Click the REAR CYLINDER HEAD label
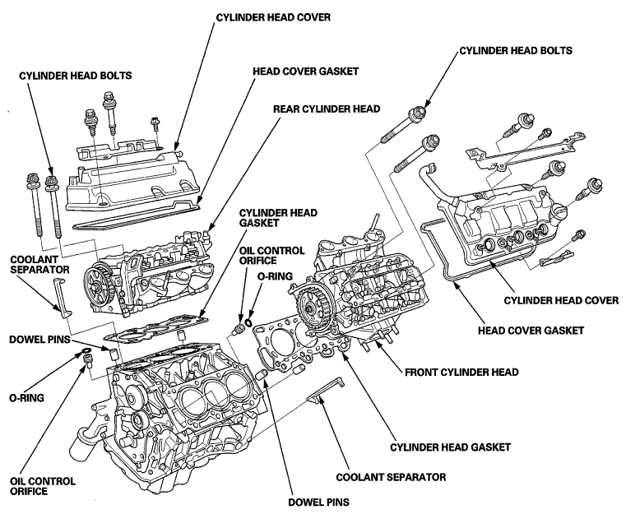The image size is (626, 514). point(327,109)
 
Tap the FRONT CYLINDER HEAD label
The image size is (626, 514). point(461,373)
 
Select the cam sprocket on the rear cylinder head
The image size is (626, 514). point(99,286)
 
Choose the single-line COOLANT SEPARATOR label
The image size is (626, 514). point(391,477)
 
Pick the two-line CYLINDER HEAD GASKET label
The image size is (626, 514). point(278,217)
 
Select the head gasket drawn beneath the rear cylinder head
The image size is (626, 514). point(158,329)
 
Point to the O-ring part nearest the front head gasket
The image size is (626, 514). point(248,322)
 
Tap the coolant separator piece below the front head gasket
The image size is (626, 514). point(325,391)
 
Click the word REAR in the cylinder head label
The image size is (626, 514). point(285,109)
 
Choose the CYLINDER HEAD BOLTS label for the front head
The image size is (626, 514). point(516,51)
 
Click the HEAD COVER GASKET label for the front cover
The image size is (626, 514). point(531,331)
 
